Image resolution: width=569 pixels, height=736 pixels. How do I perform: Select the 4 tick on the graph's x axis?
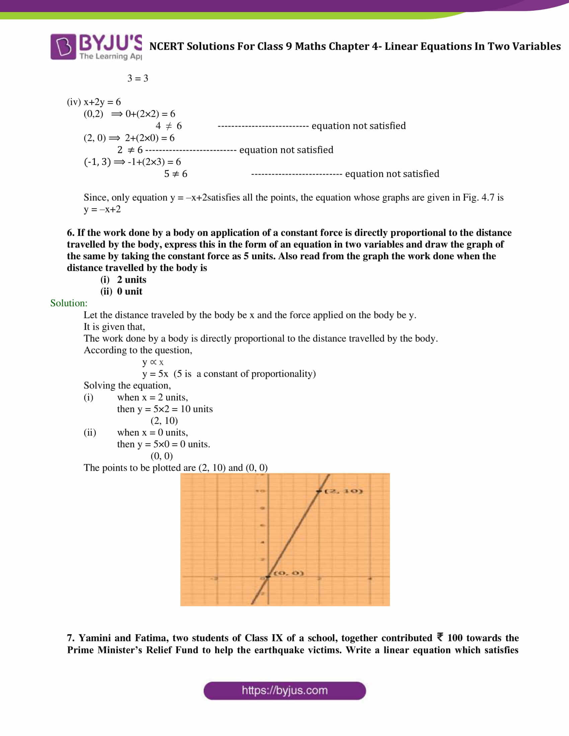tap(370, 579)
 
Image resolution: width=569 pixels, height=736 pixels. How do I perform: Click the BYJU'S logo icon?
tap(63, 47)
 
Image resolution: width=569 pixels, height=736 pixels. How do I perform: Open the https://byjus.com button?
tap(284, 691)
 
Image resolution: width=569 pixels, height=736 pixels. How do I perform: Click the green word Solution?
tap(69, 303)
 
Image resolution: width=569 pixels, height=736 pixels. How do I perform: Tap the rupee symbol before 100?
tap(439, 637)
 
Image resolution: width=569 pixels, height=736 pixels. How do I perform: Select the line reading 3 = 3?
tap(138, 78)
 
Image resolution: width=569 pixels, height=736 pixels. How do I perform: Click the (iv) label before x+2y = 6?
tap(74, 102)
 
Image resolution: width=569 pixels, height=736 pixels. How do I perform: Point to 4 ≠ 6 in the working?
tap(169, 126)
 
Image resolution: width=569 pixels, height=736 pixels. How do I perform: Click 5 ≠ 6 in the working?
tap(176, 174)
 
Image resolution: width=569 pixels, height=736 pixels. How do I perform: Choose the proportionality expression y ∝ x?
tap(153, 362)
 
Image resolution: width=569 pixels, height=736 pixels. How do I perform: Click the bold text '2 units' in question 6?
tap(132, 279)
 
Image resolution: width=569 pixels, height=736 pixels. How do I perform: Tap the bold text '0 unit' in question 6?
tap(130, 291)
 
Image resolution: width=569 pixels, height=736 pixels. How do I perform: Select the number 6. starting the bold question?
tap(70, 233)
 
